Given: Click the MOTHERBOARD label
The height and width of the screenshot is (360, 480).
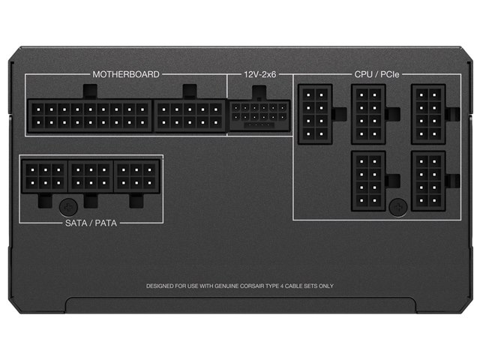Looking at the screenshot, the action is (126, 74).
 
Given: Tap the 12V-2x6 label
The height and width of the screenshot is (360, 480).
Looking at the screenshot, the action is (260, 74).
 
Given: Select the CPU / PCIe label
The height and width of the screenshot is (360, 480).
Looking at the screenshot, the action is (376, 74).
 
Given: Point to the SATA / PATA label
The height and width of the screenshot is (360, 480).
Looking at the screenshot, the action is (91, 223).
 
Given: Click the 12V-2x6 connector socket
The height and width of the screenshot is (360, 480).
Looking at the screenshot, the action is (259, 116).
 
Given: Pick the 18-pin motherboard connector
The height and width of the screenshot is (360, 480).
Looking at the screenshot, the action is (90, 115).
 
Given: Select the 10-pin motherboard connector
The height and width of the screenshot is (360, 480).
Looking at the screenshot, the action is (190, 115).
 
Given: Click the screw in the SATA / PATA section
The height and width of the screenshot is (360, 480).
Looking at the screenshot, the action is (68, 208).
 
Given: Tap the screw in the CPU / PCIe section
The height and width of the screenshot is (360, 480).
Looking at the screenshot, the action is (398, 208).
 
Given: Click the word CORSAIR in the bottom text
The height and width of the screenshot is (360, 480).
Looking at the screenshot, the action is (252, 286).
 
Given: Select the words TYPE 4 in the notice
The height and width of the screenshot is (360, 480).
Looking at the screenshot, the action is (274, 286).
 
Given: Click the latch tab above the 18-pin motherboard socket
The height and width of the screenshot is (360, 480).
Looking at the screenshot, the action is (90, 91).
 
